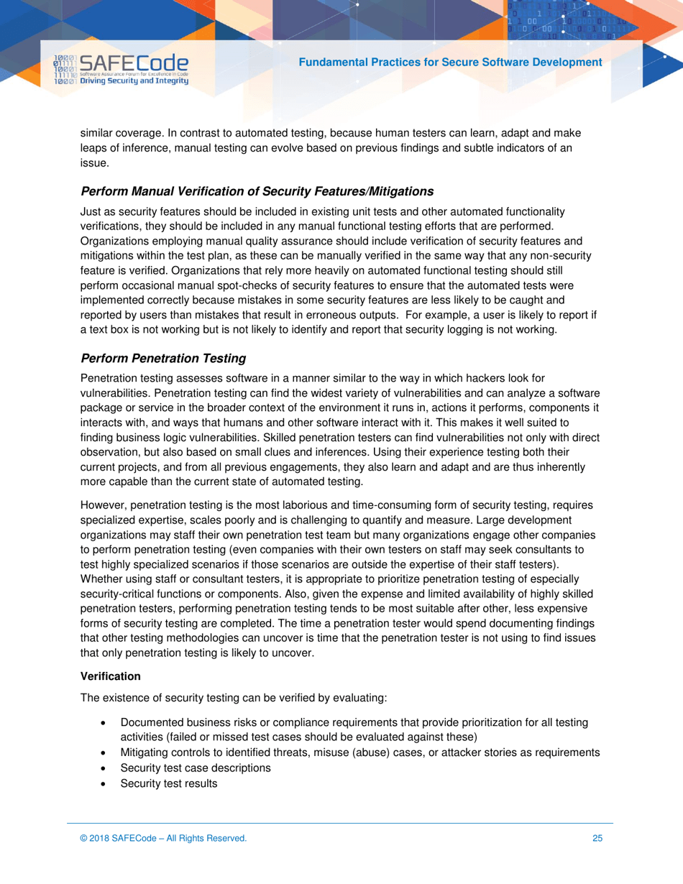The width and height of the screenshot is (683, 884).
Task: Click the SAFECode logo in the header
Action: click(121, 70)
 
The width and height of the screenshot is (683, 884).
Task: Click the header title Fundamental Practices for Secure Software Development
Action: click(451, 63)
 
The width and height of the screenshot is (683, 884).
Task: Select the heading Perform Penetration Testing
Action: click(163, 358)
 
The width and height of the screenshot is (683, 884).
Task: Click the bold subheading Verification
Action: click(110, 676)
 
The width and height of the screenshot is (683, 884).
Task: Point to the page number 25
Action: click(597, 838)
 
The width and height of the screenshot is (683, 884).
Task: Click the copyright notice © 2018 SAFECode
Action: click(163, 838)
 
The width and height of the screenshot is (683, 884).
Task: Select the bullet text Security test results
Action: click(168, 783)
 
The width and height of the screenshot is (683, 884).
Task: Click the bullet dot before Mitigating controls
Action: click(106, 752)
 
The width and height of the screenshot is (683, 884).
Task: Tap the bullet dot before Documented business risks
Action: click(106, 722)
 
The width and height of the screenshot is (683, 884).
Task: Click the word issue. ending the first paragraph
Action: click(93, 163)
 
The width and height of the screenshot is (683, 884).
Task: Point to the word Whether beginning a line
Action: click(101, 578)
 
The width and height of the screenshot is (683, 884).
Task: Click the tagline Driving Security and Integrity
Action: click(134, 82)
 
